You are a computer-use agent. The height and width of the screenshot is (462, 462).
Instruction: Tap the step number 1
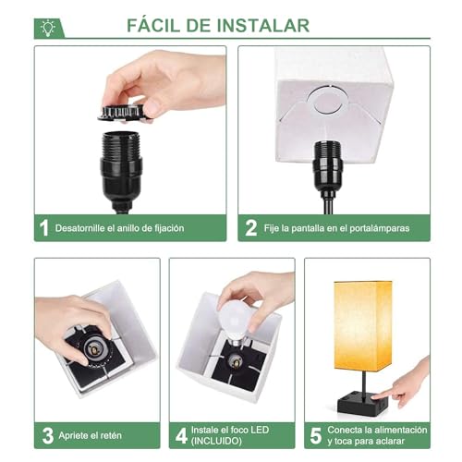point(43,227)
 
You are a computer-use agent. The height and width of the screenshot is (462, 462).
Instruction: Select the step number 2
point(250,227)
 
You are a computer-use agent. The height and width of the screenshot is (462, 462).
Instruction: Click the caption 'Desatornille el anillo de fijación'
point(120,228)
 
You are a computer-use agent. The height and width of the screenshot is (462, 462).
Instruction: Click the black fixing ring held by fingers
point(124,111)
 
